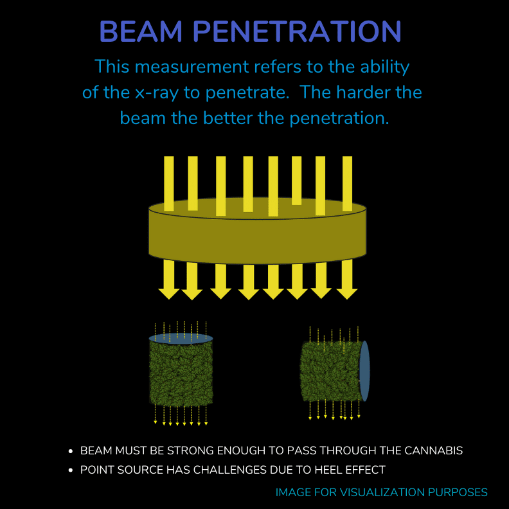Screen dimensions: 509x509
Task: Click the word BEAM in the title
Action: point(141,31)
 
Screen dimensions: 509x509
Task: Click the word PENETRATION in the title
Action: point(297,31)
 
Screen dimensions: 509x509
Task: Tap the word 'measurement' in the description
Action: point(192,67)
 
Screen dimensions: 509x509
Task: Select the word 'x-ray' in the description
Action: point(157,93)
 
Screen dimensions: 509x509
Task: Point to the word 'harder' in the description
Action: point(363,92)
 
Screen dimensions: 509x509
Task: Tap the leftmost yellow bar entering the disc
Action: point(169,183)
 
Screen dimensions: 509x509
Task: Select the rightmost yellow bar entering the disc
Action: point(347,183)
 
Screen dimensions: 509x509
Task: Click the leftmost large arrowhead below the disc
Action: point(169,293)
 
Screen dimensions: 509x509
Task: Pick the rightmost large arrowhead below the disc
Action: point(347,293)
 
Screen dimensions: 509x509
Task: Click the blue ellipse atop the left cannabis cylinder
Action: point(181,339)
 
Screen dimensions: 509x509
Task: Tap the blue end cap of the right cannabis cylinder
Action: point(364,371)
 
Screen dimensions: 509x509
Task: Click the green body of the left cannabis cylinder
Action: point(181,373)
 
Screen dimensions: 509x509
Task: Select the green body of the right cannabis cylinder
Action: point(330,371)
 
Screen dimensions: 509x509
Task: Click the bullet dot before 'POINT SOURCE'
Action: point(71,470)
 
